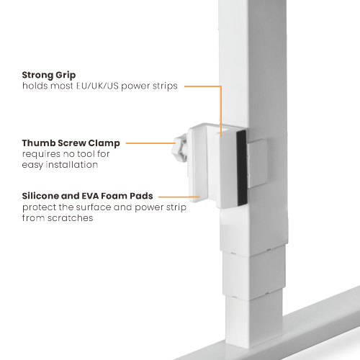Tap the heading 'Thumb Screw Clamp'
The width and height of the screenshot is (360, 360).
(x=71, y=143)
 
